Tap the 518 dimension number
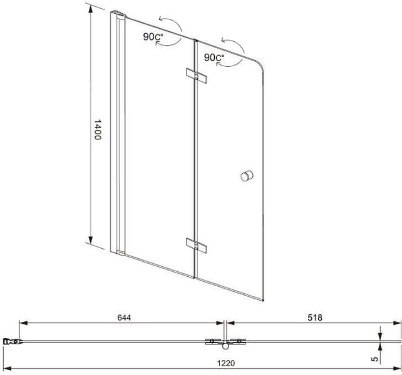314,317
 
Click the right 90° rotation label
214,57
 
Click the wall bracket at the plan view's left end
10,341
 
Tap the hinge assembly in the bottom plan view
224,341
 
